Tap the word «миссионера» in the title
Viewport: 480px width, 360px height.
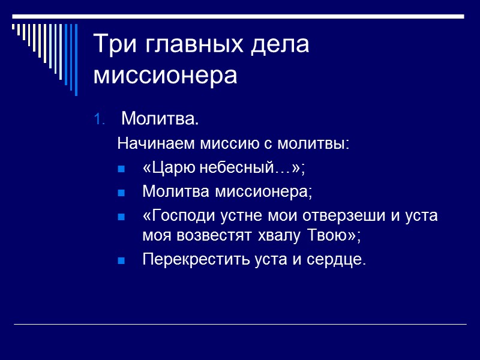[166, 76]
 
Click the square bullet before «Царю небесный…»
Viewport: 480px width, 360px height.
[121, 170]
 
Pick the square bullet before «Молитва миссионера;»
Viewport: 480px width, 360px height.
[121, 193]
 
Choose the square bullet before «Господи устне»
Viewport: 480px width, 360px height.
[121, 217]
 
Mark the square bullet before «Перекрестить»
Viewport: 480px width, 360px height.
[121, 261]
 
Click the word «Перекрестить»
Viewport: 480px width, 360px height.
[187, 260]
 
